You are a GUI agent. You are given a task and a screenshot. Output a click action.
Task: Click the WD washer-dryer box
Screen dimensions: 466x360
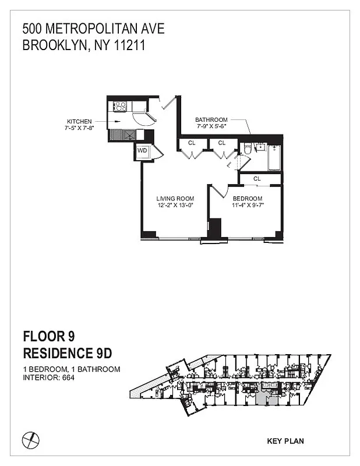pyautogui.click(x=142, y=151)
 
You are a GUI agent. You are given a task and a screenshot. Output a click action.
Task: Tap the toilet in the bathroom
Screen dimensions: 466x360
pyautogui.click(x=247, y=150)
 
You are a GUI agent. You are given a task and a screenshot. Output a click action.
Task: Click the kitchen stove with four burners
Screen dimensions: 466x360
pyautogui.click(x=120, y=106)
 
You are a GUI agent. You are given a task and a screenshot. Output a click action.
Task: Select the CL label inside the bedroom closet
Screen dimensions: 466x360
pyautogui.click(x=257, y=179)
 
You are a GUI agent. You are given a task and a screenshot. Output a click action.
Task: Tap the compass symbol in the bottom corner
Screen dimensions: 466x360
pyautogui.click(x=30, y=438)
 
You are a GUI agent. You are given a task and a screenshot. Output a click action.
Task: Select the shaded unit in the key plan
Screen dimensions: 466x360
pyautogui.click(x=264, y=399)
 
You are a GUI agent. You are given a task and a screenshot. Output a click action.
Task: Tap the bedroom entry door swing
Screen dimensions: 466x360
pyautogui.click(x=217, y=190)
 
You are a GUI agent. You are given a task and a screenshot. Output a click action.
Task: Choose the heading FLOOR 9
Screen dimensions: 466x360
pyautogui.click(x=49, y=336)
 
